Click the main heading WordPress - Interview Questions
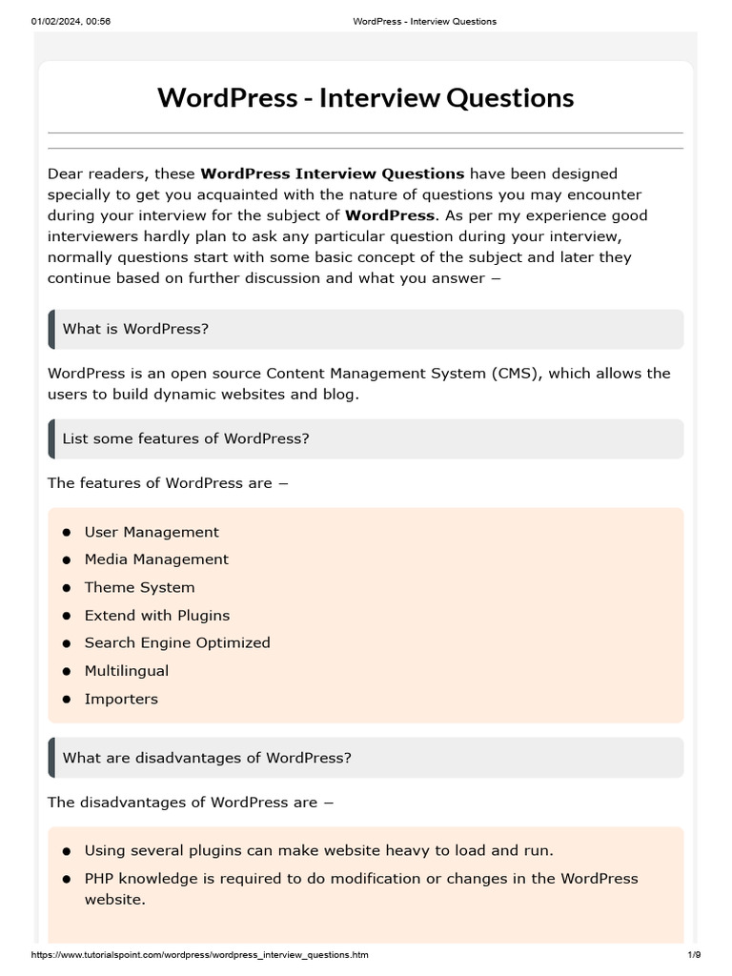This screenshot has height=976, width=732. coord(365,97)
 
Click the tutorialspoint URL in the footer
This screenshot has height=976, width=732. coord(200,954)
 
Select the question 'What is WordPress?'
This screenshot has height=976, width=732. coord(135,329)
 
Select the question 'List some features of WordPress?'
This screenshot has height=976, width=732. coord(186,438)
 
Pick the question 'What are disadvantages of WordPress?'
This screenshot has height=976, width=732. coord(207,758)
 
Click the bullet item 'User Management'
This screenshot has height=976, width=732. coord(152,532)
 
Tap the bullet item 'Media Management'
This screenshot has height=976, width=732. coord(156,559)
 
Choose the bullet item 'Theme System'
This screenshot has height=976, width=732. coord(139,587)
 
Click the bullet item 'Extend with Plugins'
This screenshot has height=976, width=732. coord(157,616)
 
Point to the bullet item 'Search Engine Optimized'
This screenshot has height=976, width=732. coord(177,642)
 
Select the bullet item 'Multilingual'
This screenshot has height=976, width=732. coord(127,671)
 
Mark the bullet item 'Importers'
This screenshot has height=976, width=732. coord(121,699)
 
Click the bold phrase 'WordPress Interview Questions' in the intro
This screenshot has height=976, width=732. coord(333,173)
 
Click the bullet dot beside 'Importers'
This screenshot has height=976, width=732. coord(67,700)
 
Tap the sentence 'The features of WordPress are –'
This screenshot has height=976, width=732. coord(168,483)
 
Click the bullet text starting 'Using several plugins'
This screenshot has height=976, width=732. coord(318,850)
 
